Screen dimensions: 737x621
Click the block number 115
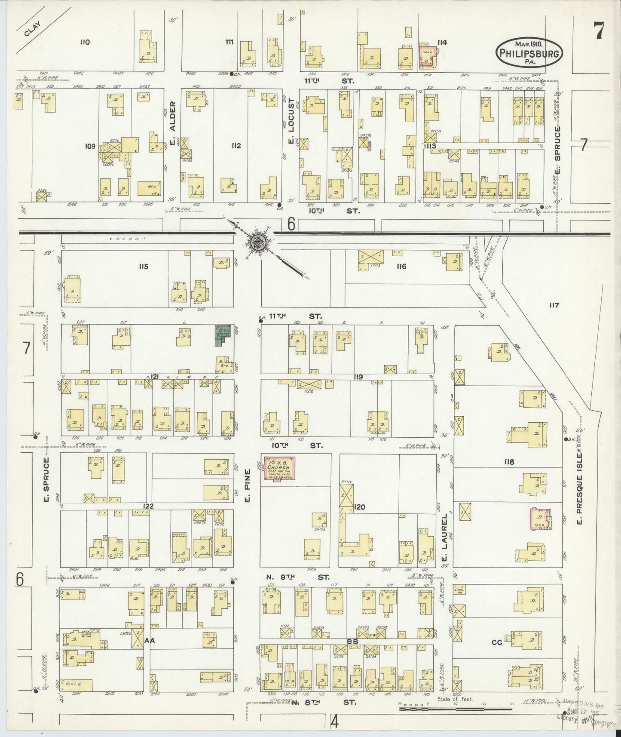pos(143,267)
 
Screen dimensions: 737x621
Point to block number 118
pos(510,462)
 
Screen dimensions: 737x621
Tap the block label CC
pos(497,643)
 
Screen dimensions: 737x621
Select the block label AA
pos(150,641)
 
